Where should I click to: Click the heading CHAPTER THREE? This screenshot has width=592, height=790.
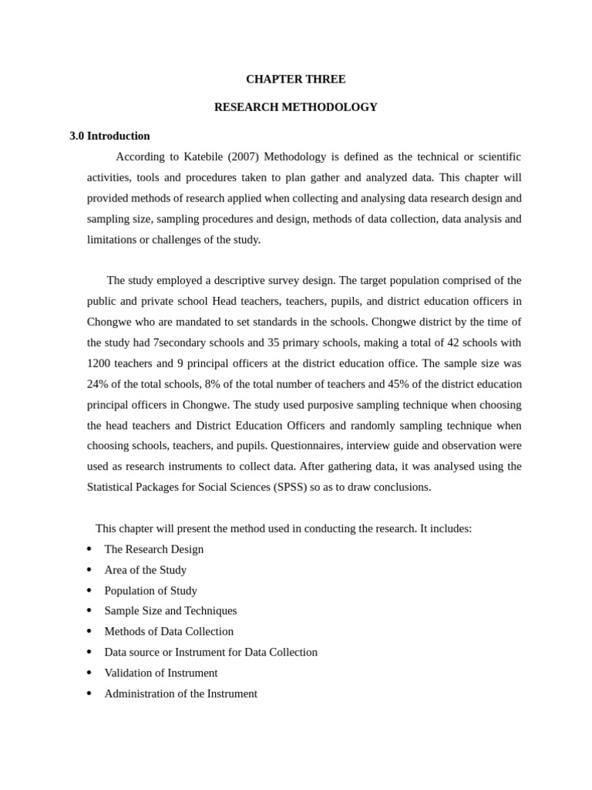coord(295,79)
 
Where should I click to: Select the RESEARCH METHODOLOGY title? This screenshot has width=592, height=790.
coord(295,107)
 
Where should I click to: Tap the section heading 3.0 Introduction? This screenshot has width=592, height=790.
coord(109,136)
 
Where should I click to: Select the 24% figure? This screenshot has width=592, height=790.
coord(99,384)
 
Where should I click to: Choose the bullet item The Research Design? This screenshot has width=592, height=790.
coord(154,549)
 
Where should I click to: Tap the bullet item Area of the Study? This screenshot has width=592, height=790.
coord(146,570)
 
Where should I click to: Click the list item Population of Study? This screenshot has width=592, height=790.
coord(151,591)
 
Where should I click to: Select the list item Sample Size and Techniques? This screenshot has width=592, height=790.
coord(170,611)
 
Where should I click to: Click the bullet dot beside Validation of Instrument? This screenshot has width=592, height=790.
coord(89,673)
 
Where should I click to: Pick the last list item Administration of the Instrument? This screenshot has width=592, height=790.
coord(181,694)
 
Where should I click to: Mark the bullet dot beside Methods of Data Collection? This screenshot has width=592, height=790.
coord(89,631)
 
